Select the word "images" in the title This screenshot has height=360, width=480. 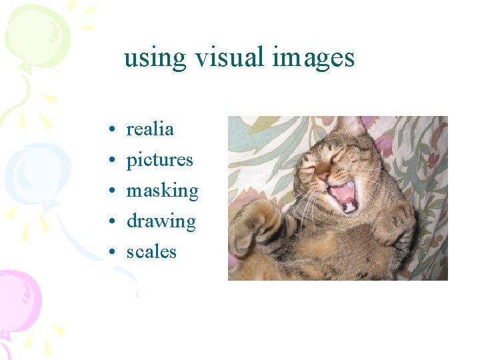point(313,58)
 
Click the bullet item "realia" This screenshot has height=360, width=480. point(150,129)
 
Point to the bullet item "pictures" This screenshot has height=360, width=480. point(159,160)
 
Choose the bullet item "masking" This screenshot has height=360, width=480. point(163,191)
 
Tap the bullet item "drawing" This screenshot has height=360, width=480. point(161,221)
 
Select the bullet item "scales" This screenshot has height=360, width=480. point(151,252)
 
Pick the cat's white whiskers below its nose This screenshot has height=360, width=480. point(306,203)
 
